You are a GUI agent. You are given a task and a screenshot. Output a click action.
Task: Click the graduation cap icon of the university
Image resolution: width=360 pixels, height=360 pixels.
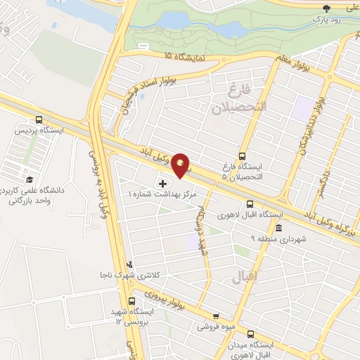tap(29, 181)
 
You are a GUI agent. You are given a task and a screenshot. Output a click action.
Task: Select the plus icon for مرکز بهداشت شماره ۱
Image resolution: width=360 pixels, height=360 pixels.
tap(164, 183)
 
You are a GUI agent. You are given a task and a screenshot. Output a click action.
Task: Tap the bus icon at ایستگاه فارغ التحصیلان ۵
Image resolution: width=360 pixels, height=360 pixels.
tap(243, 156)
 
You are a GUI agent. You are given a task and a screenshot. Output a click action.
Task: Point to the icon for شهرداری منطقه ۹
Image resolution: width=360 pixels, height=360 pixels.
tap(279, 228)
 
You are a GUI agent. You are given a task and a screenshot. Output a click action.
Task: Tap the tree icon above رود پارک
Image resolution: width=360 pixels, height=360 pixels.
tap(326, 8)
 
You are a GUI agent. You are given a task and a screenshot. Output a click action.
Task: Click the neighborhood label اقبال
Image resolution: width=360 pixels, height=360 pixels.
tap(240, 278)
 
